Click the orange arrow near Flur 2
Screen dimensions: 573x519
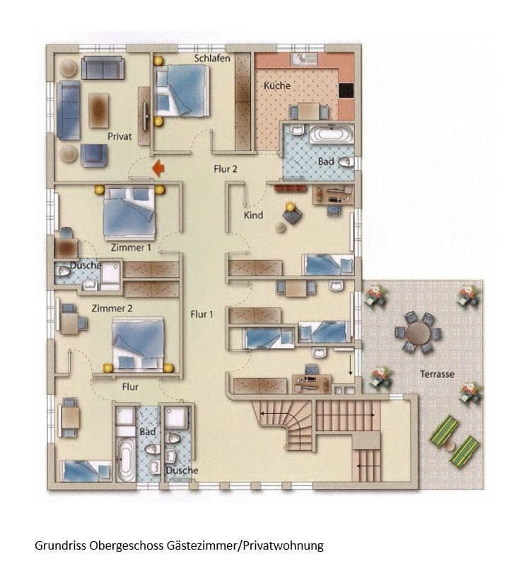[x=158, y=167]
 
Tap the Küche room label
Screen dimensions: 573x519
[x=276, y=85]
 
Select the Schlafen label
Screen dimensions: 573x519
[x=212, y=58]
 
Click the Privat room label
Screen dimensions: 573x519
[x=119, y=136]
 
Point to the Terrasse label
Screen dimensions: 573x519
[x=437, y=374]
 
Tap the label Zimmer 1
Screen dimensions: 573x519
[x=131, y=248]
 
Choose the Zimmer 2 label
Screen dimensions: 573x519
[x=112, y=309]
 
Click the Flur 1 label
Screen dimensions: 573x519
[x=202, y=314]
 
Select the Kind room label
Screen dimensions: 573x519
[x=254, y=214]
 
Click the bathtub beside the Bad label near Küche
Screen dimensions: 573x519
[x=330, y=134]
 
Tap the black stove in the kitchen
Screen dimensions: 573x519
[x=346, y=90]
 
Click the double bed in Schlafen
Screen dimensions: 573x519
[x=183, y=90]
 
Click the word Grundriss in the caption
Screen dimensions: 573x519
[x=59, y=545]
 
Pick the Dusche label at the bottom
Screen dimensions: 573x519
[x=182, y=471]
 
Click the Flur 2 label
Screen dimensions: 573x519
[x=226, y=169]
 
